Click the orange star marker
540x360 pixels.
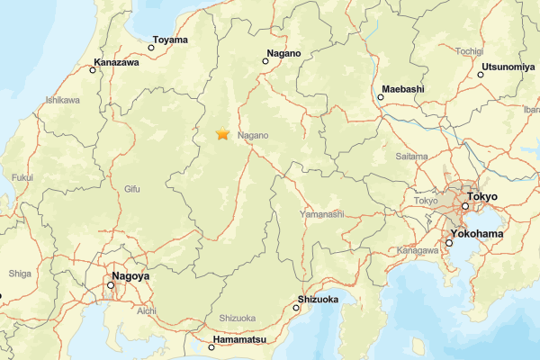[x=222, y=134]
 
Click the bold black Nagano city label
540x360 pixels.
[x=283, y=54]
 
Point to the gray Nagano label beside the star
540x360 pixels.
[x=254, y=136]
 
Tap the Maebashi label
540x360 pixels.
[x=401, y=90]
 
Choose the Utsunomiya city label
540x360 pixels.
[x=508, y=67]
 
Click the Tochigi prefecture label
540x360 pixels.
[x=469, y=51]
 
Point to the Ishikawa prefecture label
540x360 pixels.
[x=62, y=100]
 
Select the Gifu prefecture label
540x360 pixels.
[x=132, y=189]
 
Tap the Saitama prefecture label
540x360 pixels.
[x=411, y=156]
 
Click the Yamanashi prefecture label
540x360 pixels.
[x=322, y=214]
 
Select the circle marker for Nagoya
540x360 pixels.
[x=111, y=285]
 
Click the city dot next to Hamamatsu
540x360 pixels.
[x=211, y=346]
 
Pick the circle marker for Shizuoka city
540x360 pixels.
[x=297, y=308]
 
